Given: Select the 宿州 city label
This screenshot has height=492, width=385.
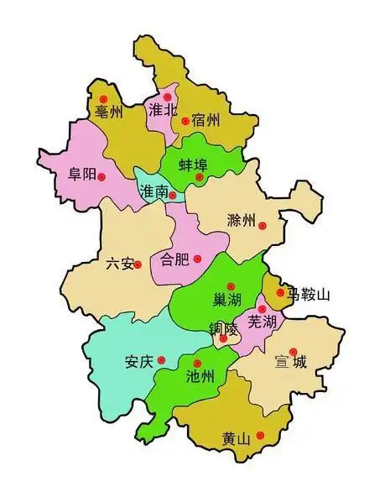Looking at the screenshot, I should (x=205, y=120).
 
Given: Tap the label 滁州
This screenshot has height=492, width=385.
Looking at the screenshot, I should (x=240, y=221).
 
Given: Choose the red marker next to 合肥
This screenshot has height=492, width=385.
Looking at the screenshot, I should (x=197, y=258).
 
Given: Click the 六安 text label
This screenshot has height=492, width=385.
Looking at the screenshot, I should (x=119, y=264).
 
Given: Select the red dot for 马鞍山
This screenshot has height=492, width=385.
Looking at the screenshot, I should (x=280, y=293).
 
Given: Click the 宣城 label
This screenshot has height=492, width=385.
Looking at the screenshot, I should (x=291, y=364).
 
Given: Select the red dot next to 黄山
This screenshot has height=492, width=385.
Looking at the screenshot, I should (x=260, y=434).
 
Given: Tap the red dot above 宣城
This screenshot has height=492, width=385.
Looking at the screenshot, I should (x=293, y=352).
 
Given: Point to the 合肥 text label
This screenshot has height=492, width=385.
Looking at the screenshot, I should (x=174, y=259).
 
